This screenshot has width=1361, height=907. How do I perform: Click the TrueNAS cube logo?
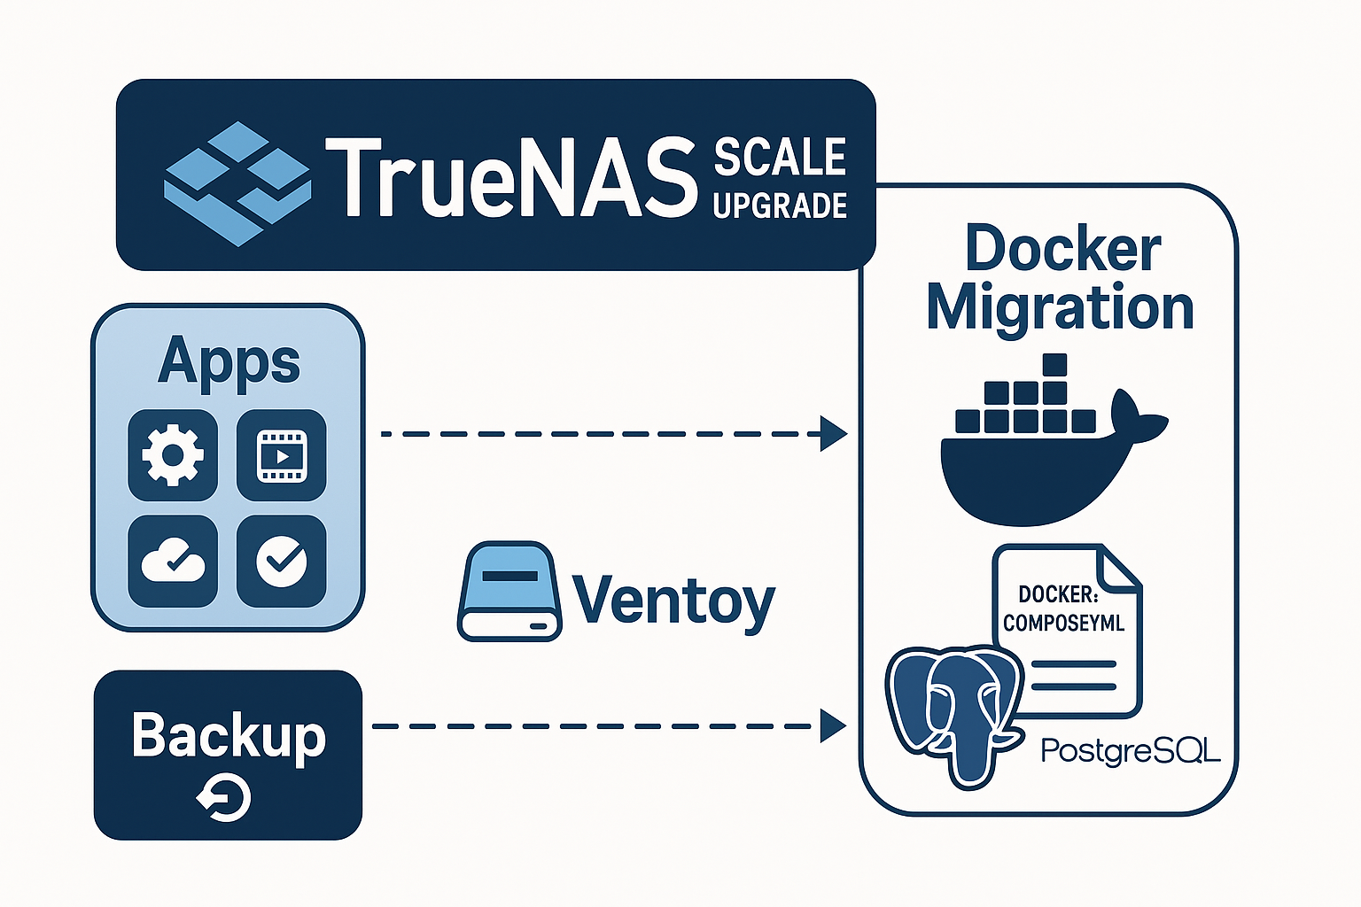coord(237,182)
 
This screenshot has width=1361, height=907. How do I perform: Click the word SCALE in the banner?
coord(780,158)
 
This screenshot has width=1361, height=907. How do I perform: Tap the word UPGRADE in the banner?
coord(780,205)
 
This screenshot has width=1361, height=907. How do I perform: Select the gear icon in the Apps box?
coord(173,454)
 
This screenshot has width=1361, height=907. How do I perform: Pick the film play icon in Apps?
coord(282,454)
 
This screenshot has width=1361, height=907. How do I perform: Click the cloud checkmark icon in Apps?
coord(173,562)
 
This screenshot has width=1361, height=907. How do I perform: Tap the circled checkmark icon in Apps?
coord(282,562)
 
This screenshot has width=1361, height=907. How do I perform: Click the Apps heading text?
coord(229,361)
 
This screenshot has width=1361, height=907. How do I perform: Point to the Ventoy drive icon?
coord(509,592)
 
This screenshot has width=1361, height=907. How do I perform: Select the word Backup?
coord(229,735)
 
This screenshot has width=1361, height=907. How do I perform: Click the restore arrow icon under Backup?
coord(225,799)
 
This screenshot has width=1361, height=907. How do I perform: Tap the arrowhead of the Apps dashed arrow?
coord(835,434)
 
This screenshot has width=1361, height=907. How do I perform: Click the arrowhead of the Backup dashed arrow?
coord(833,726)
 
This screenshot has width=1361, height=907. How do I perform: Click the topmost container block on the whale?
coord(1054,365)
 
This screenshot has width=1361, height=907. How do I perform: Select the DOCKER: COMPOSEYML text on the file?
coord(1063,609)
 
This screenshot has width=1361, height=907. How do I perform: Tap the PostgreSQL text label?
coord(1130,751)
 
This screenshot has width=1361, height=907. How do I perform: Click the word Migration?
coord(1060,307)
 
